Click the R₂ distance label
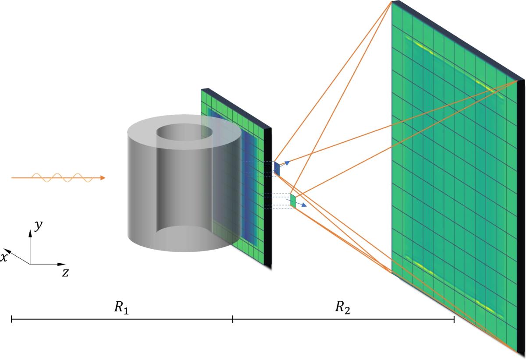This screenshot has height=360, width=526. (x=343, y=308)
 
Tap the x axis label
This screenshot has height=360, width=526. (x=4, y=258)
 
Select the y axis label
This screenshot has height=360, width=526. (x=38, y=225)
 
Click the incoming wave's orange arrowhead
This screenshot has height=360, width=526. (x=103, y=178)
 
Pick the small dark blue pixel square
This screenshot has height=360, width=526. (x=277, y=169)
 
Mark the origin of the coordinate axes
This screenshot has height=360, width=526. (x=30, y=264)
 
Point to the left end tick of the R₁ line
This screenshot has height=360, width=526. (x=11, y=320)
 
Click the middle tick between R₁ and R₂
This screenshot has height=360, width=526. (x=233, y=320)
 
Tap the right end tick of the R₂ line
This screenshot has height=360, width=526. (x=454, y=320)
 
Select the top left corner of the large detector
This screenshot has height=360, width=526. (x=392, y=2)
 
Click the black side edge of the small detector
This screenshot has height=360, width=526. (x=268, y=197)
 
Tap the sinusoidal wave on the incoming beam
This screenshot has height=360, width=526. (x=61, y=178)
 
